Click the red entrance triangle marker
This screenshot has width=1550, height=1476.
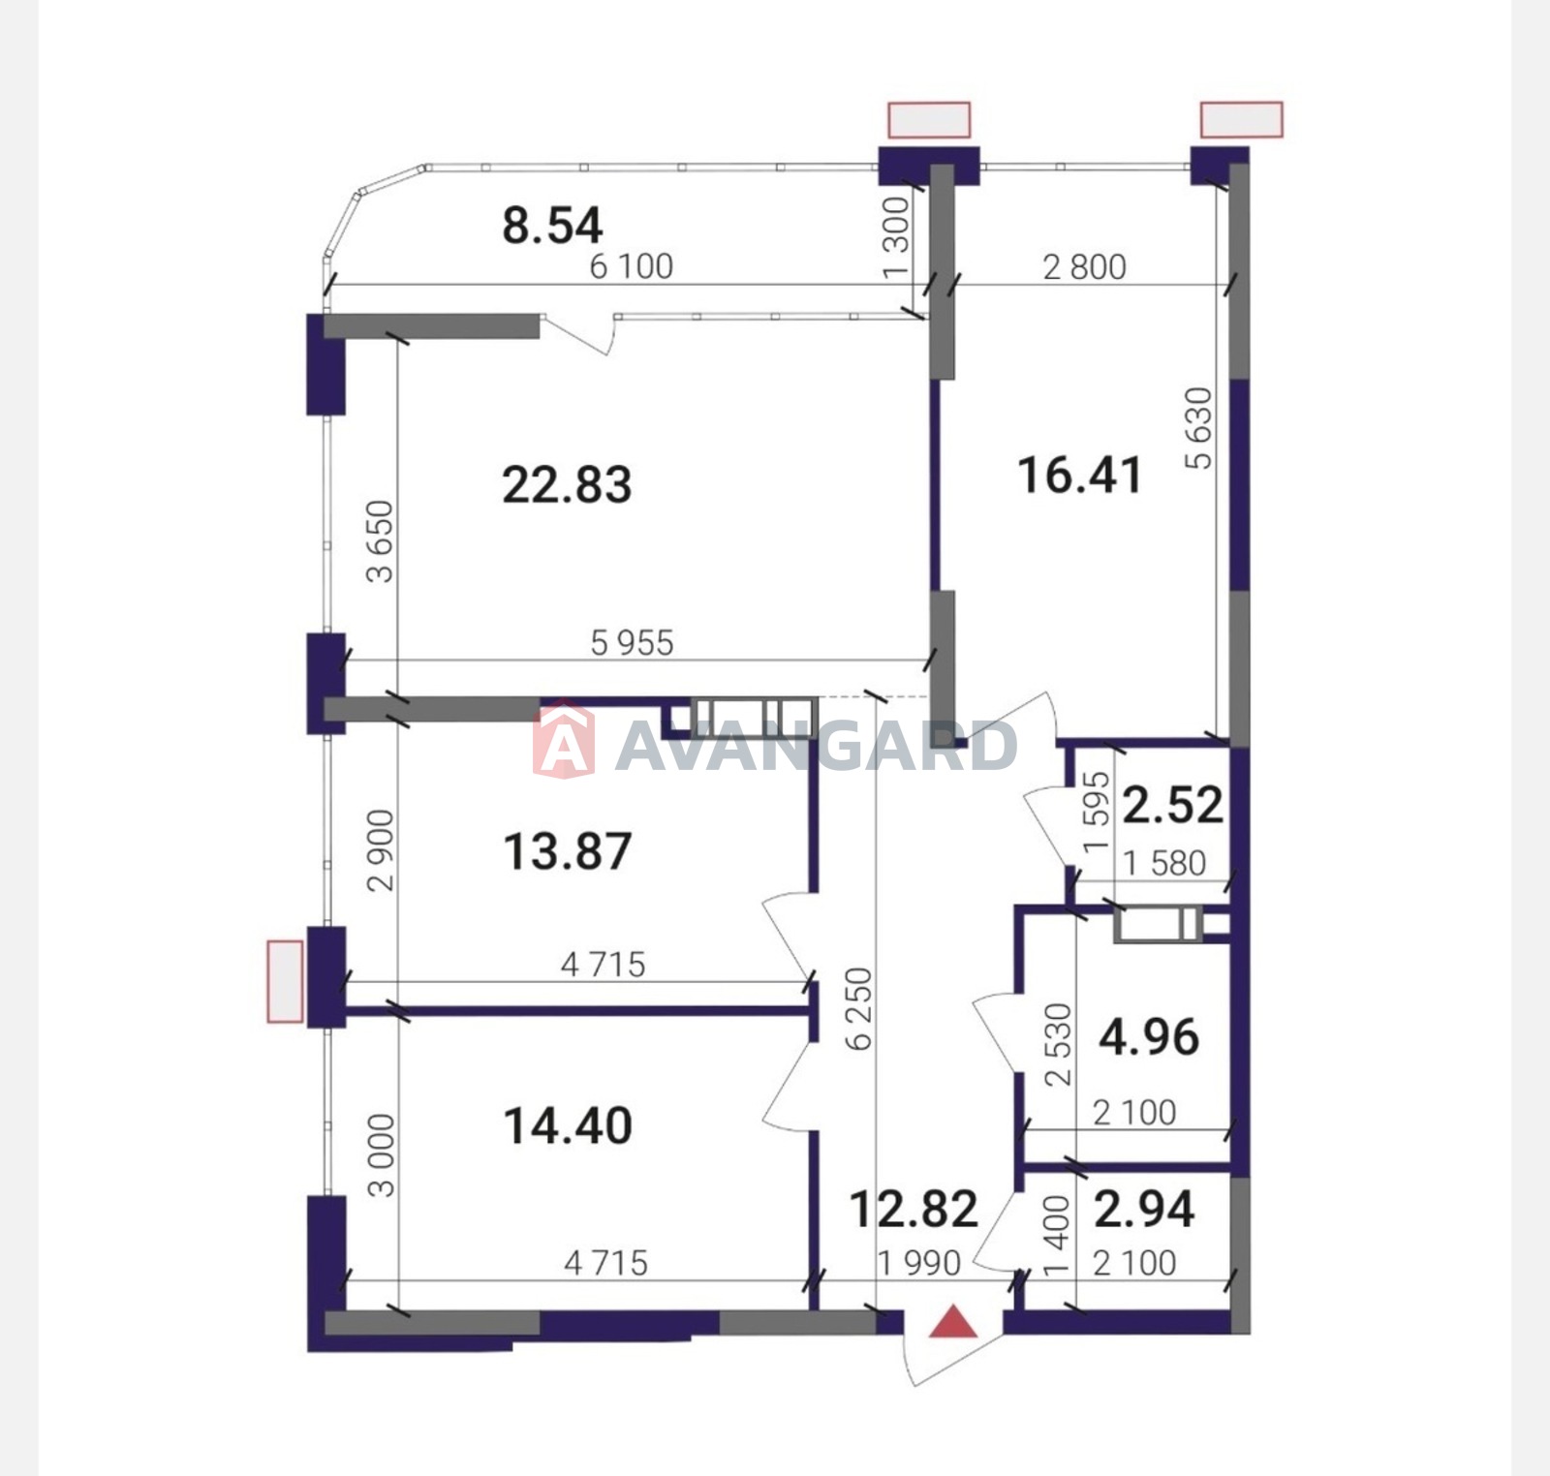point(953,1324)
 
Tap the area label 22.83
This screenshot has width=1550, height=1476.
point(567,484)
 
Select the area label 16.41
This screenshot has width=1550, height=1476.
point(1079,476)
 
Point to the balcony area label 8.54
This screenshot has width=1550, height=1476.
point(552,225)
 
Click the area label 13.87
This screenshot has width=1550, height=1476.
point(568,851)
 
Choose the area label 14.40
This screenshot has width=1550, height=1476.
point(568,1126)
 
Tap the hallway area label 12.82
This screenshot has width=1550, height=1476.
point(914,1209)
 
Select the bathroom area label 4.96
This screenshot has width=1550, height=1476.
point(1149,1037)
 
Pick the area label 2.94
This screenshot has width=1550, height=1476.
point(1144,1209)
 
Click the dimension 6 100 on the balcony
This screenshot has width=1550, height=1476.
point(632,266)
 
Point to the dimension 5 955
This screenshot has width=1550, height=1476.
point(632,643)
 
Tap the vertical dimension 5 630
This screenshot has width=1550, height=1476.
point(1199,428)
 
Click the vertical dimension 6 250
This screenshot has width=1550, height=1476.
point(858,1009)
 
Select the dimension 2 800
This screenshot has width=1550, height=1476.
point(1084,267)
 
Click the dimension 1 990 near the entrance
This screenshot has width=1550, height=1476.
point(918,1263)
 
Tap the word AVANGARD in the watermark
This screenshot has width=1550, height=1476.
point(816,746)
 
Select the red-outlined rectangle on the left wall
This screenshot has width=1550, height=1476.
point(285,981)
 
